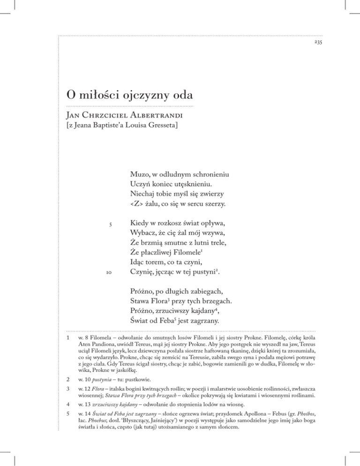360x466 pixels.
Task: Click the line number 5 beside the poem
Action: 110,225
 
